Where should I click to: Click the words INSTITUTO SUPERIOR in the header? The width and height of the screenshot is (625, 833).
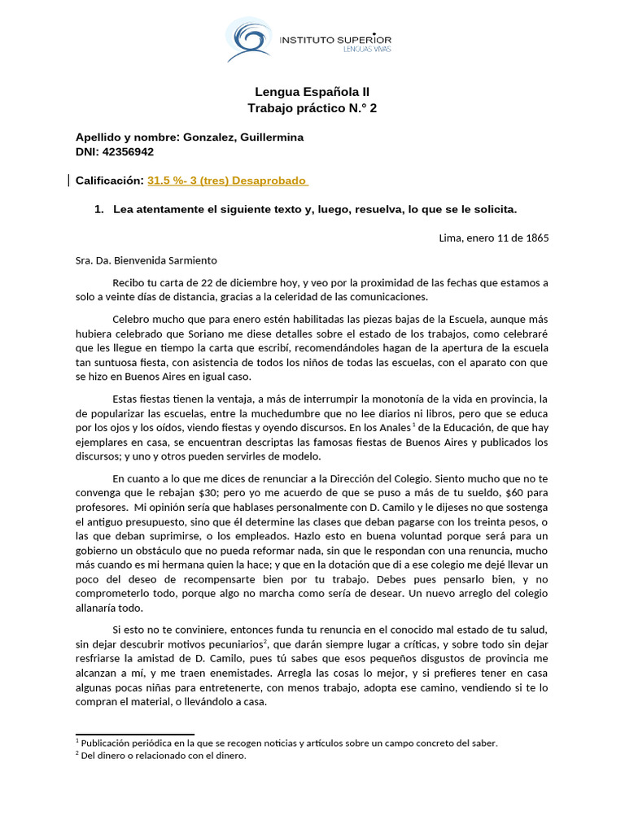tap(335, 39)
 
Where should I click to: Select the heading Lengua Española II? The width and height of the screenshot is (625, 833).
tap(312, 93)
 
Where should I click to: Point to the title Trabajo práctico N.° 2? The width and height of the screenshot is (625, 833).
tap(312, 108)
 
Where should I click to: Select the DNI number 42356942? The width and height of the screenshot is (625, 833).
tap(128, 151)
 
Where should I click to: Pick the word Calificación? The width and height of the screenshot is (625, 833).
tap(109, 180)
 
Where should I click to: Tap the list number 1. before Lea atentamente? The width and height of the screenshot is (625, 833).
tap(99, 209)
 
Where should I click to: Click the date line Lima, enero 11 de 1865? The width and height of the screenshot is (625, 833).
tap(493, 238)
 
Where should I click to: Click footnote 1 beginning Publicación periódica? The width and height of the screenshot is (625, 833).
tap(286, 743)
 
